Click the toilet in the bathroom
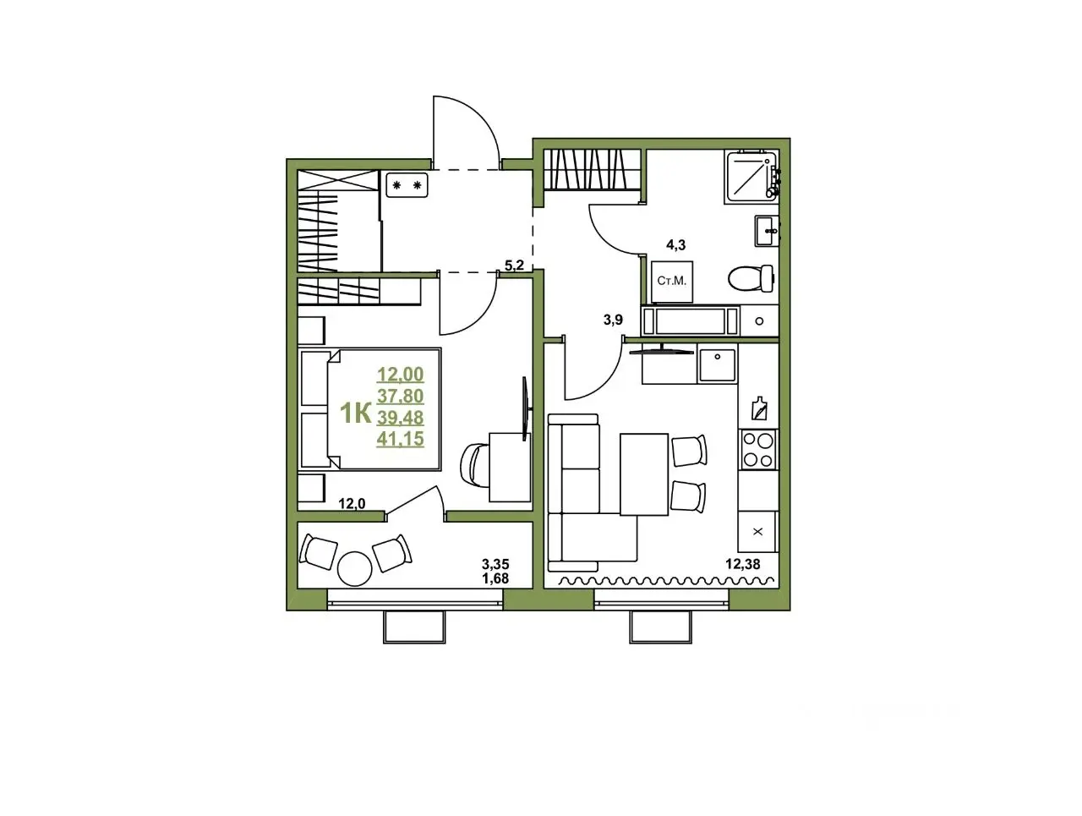click(x=751, y=278)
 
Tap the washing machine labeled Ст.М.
click(x=671, y=282)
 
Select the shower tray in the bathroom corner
click(x=751, y=177)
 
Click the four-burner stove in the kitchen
click(x=758, y=449)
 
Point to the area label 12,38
click(x=742, y=564)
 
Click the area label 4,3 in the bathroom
click(x=675, y=245)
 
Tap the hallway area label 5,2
click(x=514, y=266)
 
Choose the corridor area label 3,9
click(x=613, y=320)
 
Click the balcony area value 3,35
click(x=495, y=564)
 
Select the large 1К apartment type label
click(x=355, y=413)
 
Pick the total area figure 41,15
click(x=400, y=438)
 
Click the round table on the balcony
click(x=354, y=568)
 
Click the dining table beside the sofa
click(x=644, y=474)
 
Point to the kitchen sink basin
click(x=717, y=364)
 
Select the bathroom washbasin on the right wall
click(x=766, y=231)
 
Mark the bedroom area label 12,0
click(x=352, y=504)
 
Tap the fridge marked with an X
click(x=757, y=531)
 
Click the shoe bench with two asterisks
click(x=407, y=185)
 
